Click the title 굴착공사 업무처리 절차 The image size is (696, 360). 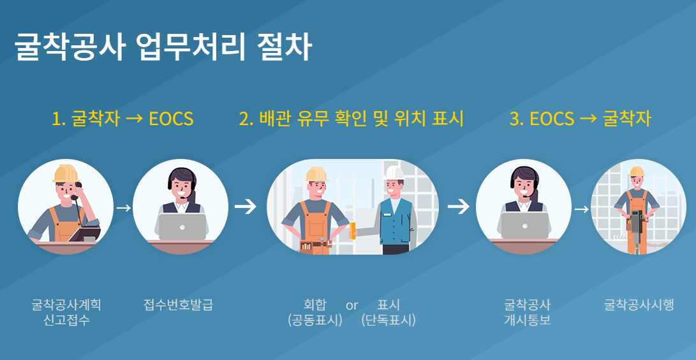point(163,48)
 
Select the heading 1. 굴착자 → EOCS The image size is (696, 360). point(122,119)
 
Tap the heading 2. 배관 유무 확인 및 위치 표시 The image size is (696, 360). point(351,119)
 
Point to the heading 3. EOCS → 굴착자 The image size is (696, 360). point(580,119)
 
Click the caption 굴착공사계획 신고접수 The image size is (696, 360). point(66,312)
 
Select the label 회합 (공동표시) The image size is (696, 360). point(315,312)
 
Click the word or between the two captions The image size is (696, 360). point(352,305)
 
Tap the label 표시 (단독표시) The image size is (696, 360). point(388,312)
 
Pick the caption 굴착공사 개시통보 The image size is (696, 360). point(527,312)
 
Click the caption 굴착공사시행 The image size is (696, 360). point(639,304)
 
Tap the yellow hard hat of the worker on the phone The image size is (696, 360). point(64,173)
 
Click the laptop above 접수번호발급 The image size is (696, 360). point(182,226)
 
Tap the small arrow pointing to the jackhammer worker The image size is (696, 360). point(581,209)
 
